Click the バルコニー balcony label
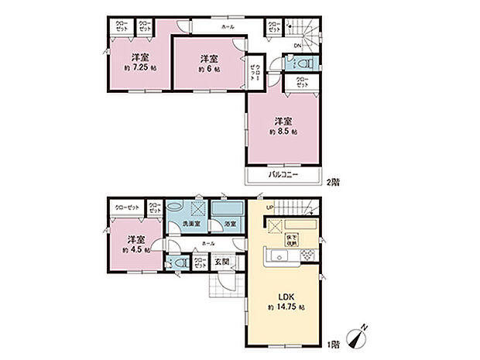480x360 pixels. (284, 177)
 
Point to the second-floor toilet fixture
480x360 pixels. (306, 63)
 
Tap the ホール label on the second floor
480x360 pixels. (228, 26)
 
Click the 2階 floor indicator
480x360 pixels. (331, 182)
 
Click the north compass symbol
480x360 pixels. (358, 338)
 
